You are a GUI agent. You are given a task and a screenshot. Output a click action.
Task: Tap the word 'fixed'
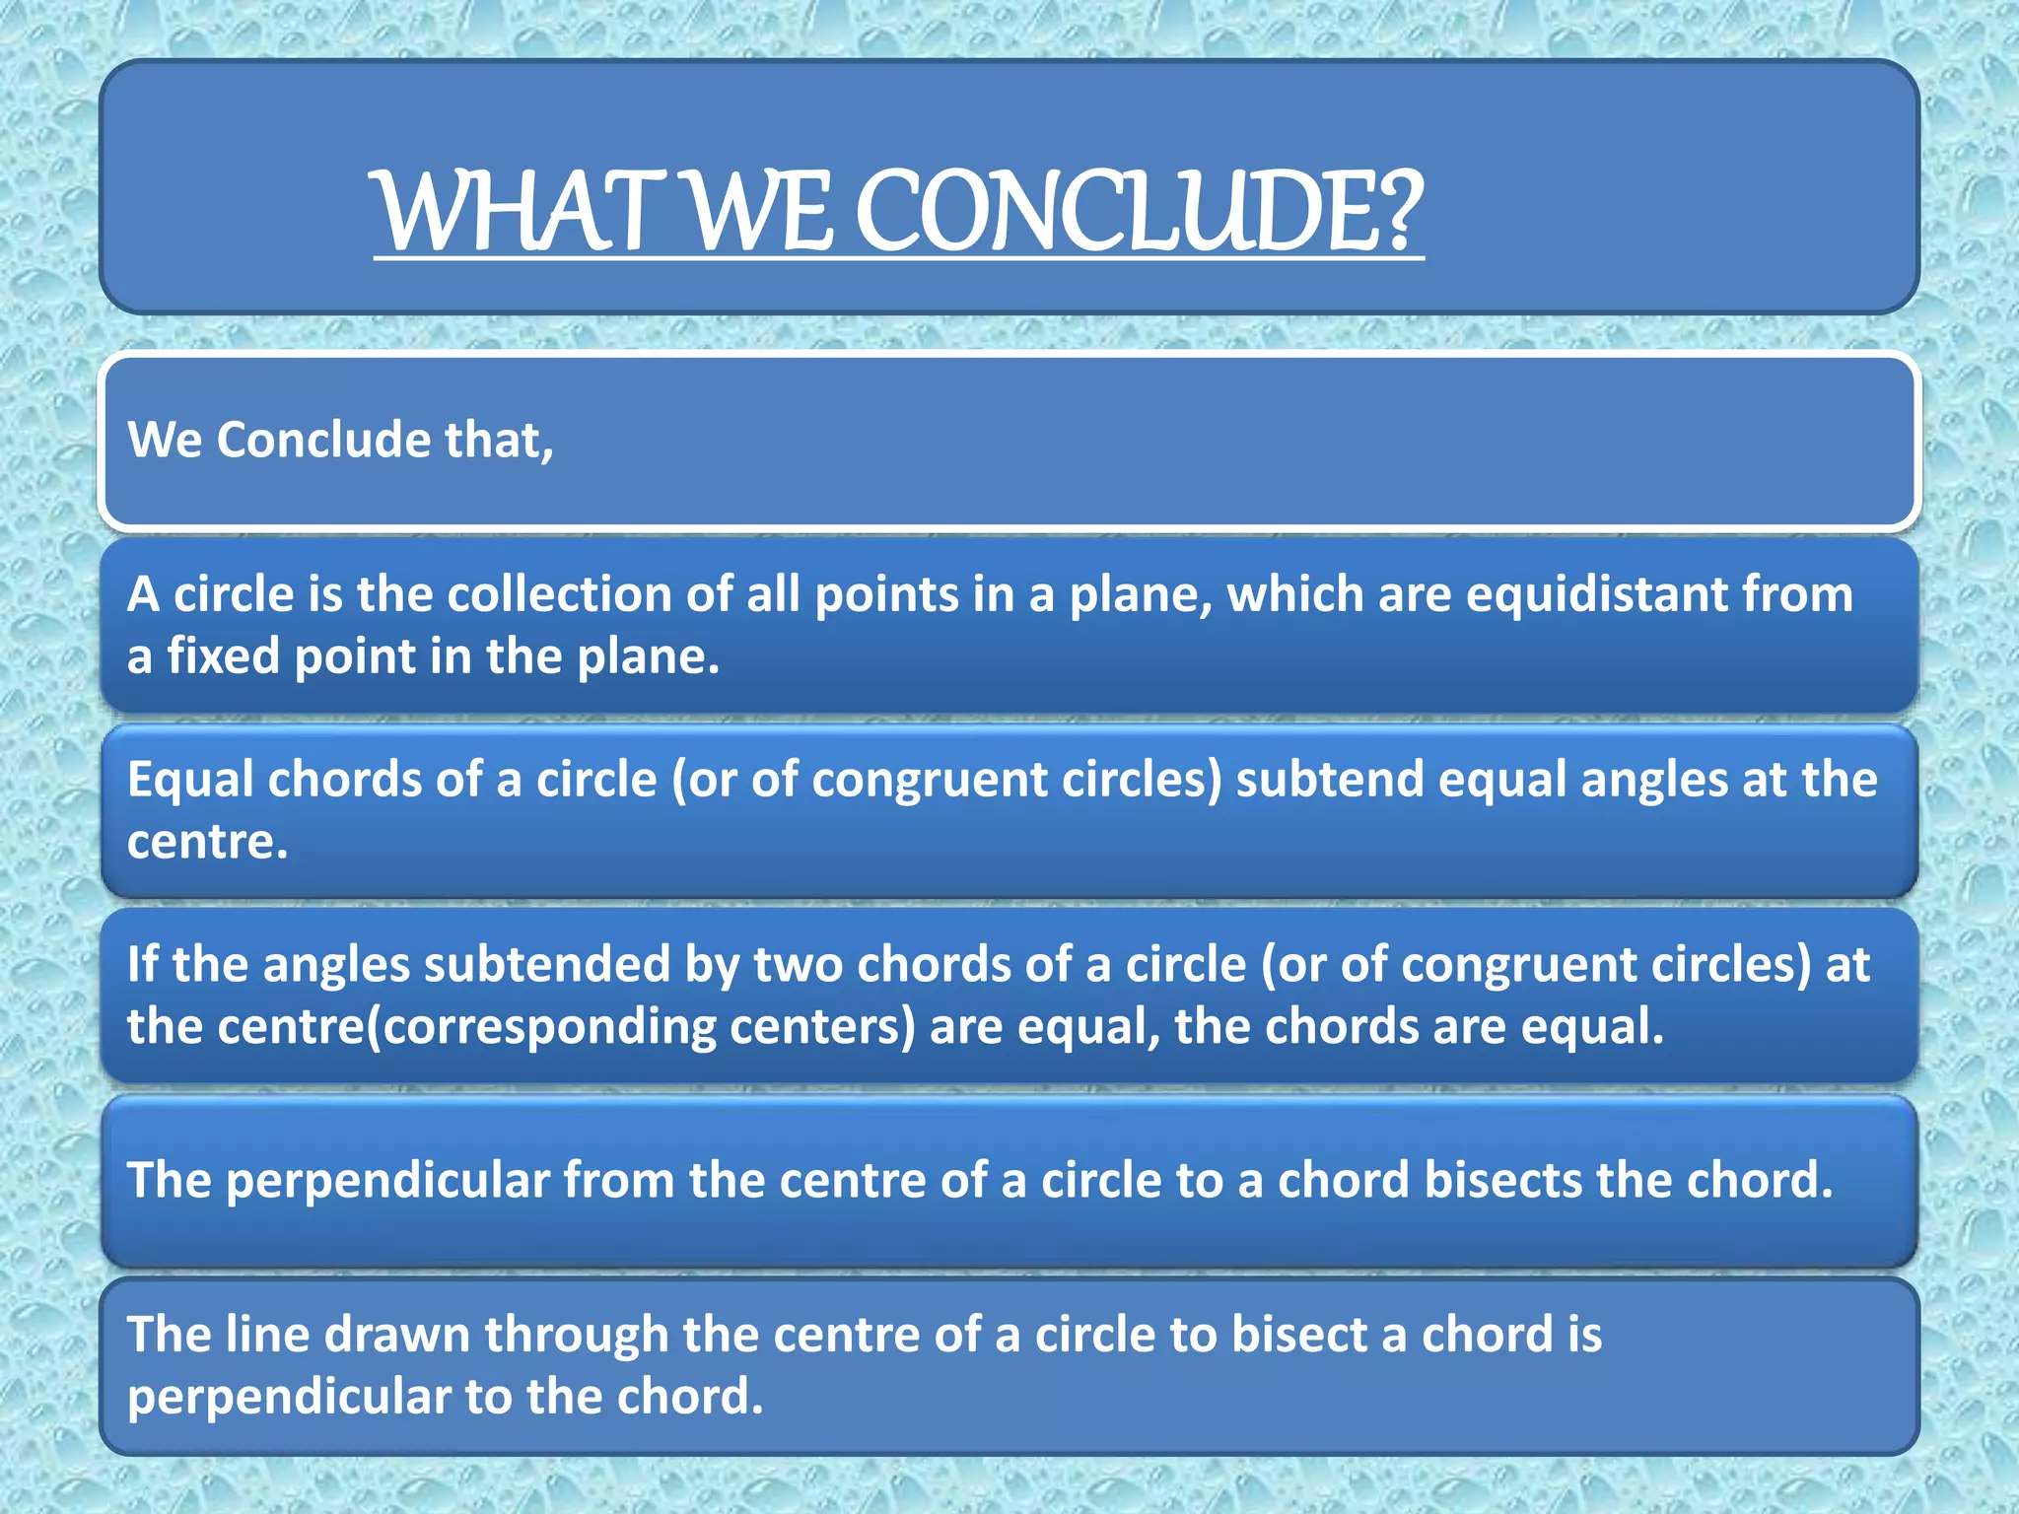tap(224, 656)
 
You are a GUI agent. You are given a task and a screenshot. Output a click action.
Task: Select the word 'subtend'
tap(1330, 780)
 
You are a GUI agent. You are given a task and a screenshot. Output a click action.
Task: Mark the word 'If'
tap(142, 964)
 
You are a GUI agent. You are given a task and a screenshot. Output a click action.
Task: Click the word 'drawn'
tap(396, 1335)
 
